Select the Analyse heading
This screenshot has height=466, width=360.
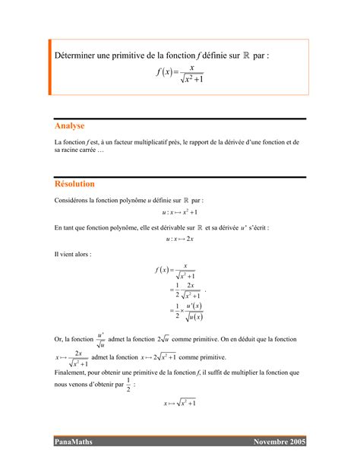(69, 125)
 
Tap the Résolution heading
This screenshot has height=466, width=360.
(74, 184)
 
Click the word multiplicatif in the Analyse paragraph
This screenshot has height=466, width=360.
(143, 142)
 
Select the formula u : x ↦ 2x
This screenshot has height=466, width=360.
(180, 239)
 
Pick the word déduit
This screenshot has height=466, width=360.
(249, 339)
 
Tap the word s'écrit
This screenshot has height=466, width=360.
(258, 227)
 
